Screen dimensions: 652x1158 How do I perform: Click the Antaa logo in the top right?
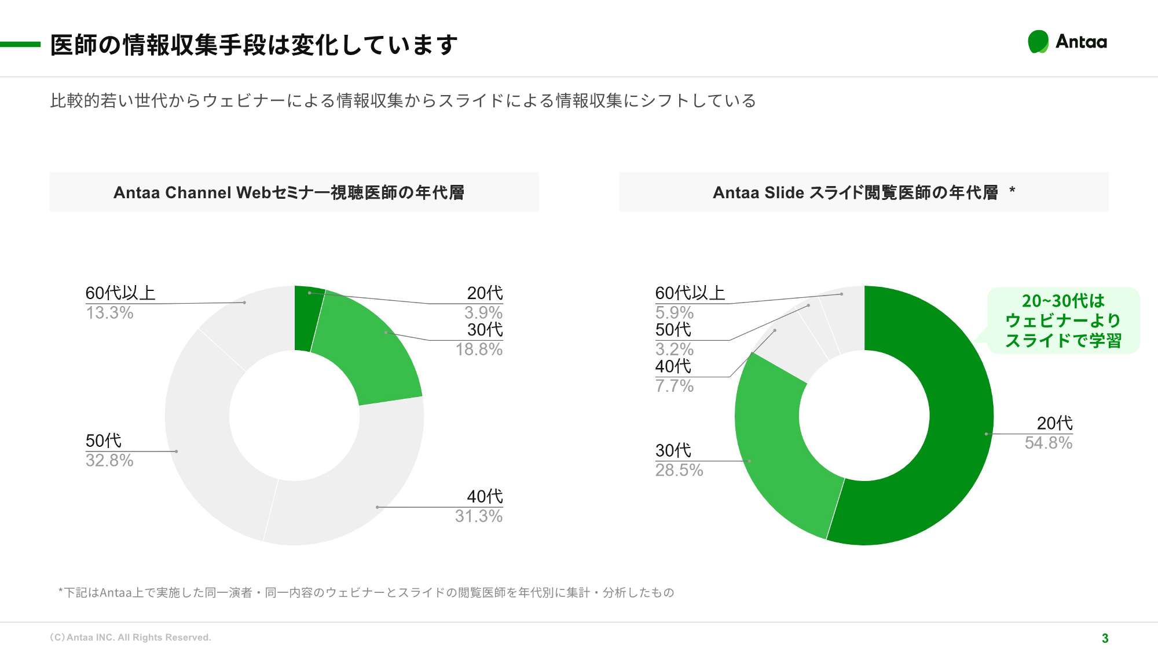(x=1067, y=42)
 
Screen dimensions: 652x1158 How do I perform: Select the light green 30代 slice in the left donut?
(x=371, y=354)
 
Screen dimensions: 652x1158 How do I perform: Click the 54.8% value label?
(x=1048, y=443)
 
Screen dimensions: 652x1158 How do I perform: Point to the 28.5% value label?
(x=679, y=470)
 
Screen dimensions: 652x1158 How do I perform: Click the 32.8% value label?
(x=109, y=461)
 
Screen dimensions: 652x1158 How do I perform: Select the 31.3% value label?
(x=478, y=516)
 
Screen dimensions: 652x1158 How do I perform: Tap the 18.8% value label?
(x=478, y=349)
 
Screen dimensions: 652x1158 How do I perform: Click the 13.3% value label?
(x=109, y=313)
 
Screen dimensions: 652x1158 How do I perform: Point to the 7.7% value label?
(x=674, y=386)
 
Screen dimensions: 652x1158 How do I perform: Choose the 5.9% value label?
(x=674, y=313)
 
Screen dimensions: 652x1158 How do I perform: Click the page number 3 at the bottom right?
(x=1105, y=638)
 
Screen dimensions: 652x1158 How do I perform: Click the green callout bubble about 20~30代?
(x=1063, y=320)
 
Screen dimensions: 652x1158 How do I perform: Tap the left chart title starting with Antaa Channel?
(x=289, y=192)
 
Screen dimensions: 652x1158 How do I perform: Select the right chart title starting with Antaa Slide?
(x=856, y=192)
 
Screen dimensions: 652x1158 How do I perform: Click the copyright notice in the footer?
(x=130, y=638)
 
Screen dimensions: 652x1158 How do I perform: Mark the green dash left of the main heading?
(x=20, y=44)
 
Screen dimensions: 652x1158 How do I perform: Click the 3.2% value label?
(x=674, y=349)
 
